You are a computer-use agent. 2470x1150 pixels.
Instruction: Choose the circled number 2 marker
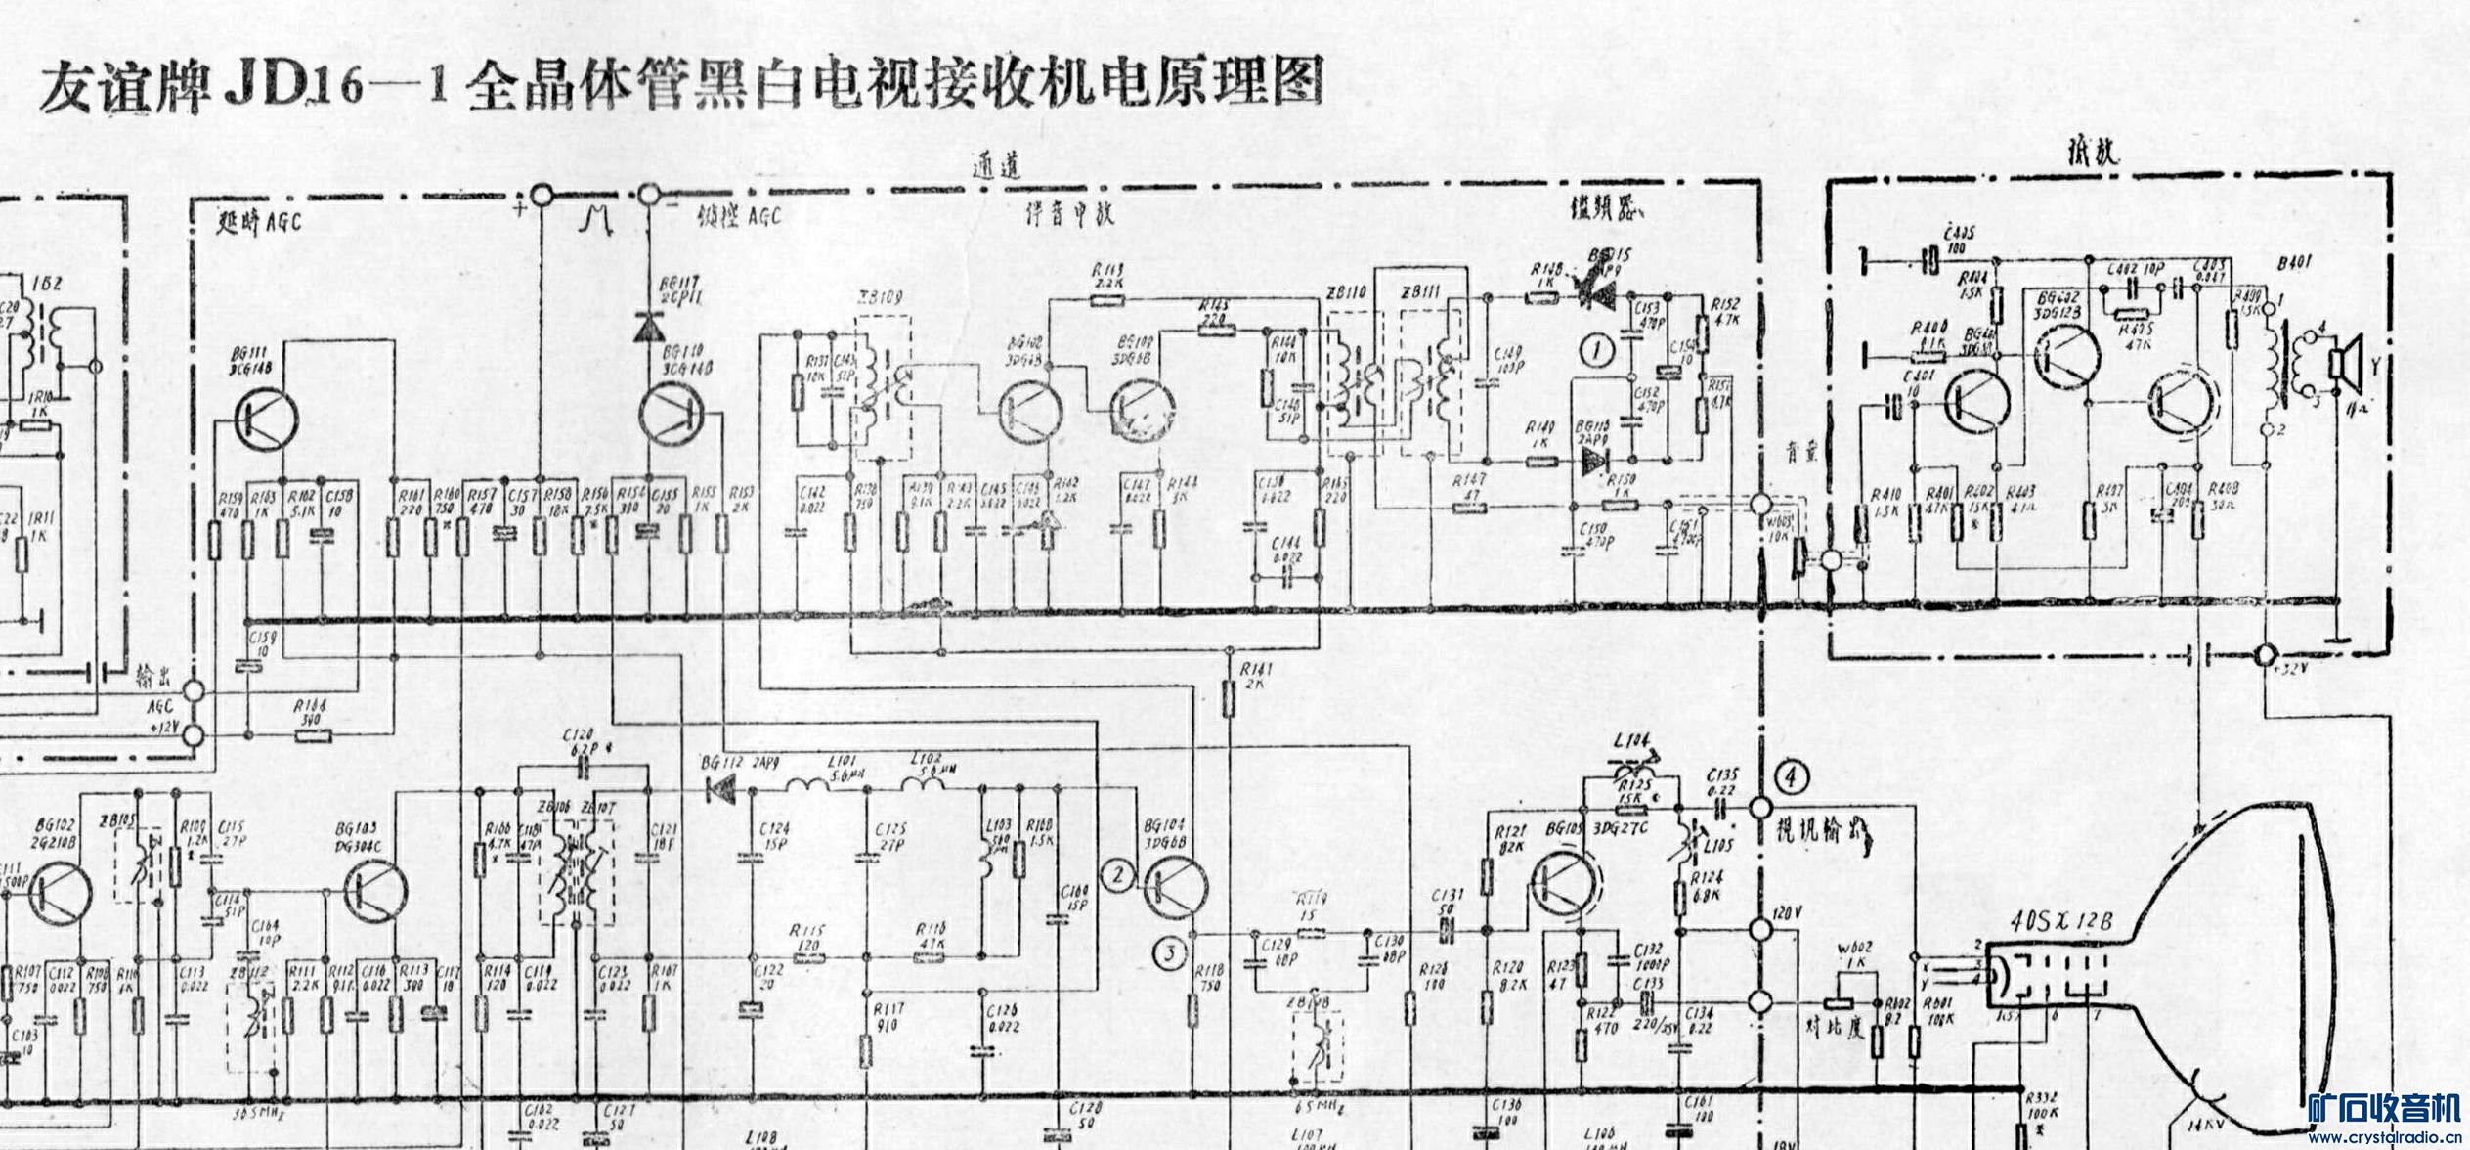(x=1118, y=875)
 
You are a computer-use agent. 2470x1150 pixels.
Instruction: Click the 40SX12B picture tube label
(x=2062, y=921)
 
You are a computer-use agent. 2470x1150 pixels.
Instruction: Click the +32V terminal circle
(x=2265, y=654)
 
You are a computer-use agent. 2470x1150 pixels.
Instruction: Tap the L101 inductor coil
(x=809, y=788)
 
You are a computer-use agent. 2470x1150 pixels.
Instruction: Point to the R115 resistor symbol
(x=806, y=956)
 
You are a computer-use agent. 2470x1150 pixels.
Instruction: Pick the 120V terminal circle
(x=1760, y=929)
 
